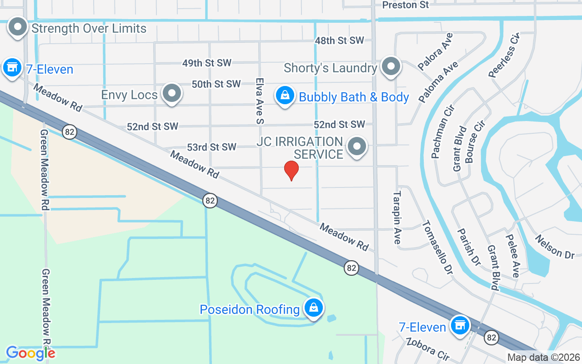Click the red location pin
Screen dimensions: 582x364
tap(291, 170)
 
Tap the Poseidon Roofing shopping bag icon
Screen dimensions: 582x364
tap(314, 308)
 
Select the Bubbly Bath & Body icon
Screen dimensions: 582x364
tap(285, 96)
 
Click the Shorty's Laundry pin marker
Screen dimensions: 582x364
tap(390, 66)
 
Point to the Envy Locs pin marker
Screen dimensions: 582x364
tap(171, 93)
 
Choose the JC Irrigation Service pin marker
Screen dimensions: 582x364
tap(357, 147)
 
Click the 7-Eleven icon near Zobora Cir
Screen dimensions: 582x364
tap(460, 325)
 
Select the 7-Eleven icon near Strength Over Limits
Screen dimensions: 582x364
tap(12, 67)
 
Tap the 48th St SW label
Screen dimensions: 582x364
tap(340, 40)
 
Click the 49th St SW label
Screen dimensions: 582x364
tap(207, 63)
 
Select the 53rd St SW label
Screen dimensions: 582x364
tap(211, 147)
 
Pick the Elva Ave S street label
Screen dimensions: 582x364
tap(260, 100)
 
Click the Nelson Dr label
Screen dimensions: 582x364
tap(554, 247)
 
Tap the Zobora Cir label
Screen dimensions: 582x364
tap(428, 349)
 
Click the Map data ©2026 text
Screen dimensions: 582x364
tap(544, 357)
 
